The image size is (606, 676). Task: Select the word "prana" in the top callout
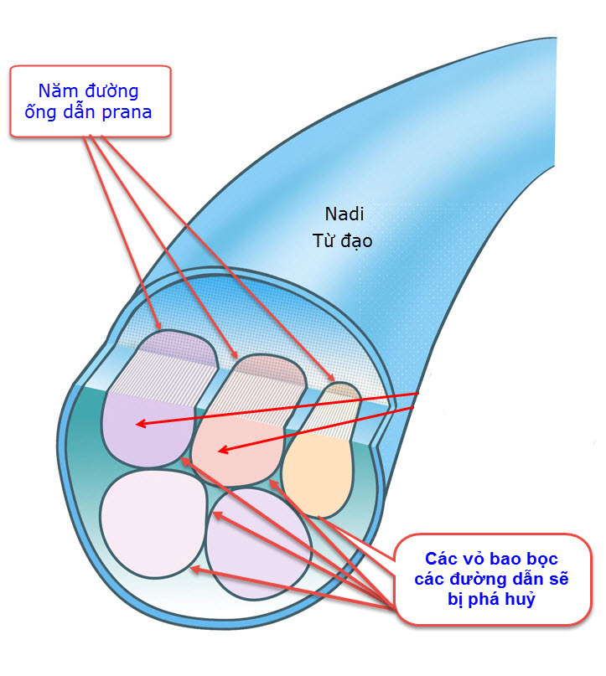coord(128,111)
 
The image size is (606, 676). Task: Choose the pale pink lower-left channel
coord(151,524)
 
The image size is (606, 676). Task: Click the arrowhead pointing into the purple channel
coord(140,425)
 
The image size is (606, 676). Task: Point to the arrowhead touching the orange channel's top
coord(333,382)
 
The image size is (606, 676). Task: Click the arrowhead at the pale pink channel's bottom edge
coord(194,569)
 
